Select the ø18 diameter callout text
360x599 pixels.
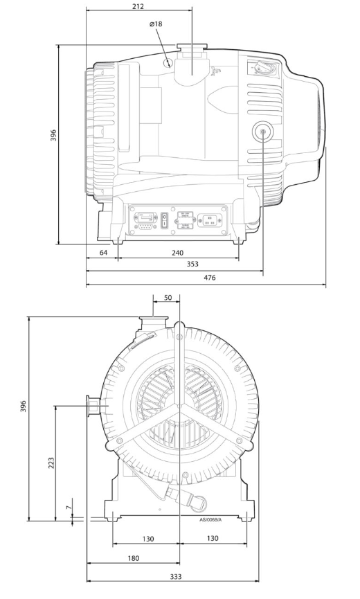[156, 24]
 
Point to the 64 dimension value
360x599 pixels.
[103, 253]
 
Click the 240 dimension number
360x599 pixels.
[177, 253]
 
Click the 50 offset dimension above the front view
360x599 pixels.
[167, 298]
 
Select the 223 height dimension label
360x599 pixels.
[51, 462]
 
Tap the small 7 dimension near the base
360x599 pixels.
[68, 508]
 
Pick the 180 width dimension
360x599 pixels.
[133, 558]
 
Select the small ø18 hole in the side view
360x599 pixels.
[168, 62]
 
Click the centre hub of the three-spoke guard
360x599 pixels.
[179, 412]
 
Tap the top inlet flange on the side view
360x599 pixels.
[193, 50]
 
